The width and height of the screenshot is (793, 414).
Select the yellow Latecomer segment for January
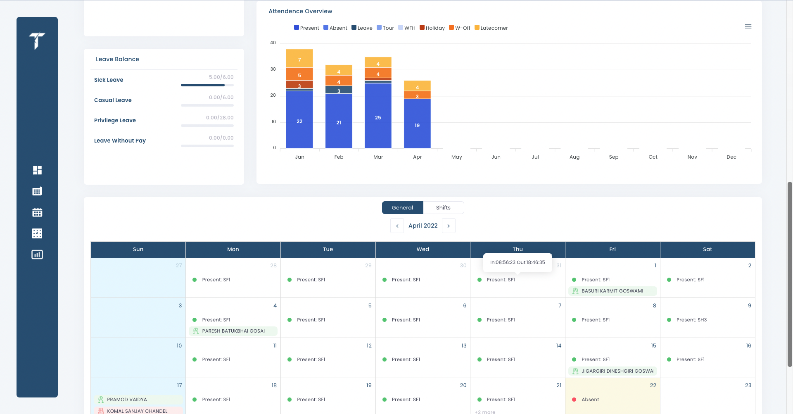point(299,59)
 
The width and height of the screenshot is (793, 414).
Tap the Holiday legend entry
point(432,28)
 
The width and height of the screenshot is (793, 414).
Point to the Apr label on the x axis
point(417,157)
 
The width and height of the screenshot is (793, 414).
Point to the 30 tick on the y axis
point(273,69)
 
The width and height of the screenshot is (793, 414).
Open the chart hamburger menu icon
point(748,26)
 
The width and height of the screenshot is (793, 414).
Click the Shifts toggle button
point(443,207)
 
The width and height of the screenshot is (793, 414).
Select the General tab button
point(402,207)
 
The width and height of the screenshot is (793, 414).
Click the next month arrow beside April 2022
point(449,226)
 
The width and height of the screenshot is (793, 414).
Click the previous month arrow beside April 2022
point(397,226)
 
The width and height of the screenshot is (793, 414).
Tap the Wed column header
point(423,249)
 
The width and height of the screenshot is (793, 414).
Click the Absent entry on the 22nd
point(590,400)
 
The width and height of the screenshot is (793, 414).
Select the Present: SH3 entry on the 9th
point(691,320)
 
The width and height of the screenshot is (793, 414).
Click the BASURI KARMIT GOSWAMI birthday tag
point(612,291)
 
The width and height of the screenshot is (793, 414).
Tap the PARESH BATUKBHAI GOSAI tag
point(233,331)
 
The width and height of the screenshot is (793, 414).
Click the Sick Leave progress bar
point(207,85)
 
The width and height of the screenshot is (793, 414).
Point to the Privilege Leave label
point(115,120)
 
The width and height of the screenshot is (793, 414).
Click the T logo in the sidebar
point(37,40)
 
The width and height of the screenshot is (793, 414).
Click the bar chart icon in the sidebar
point(37,255)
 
